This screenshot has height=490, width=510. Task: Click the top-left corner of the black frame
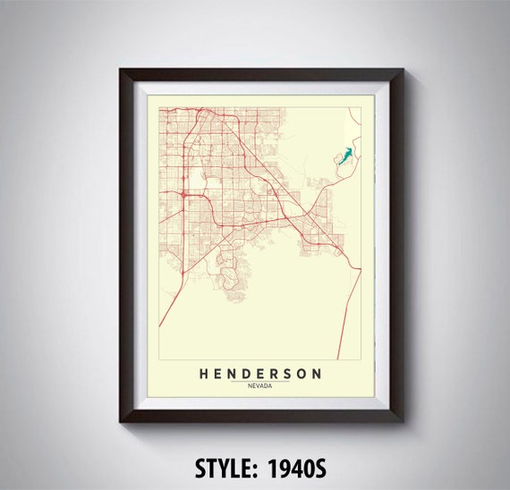coord(116,68)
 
